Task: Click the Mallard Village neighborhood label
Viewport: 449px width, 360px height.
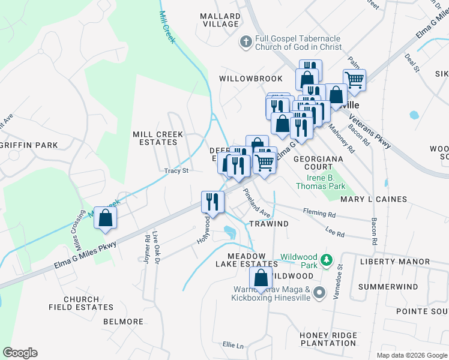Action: tap(220, 19)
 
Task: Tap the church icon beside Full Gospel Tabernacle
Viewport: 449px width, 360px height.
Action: tap(245, 42)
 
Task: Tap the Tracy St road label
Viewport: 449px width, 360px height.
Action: tap(176, 170)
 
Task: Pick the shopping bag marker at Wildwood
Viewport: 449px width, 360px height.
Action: tap(261, 278)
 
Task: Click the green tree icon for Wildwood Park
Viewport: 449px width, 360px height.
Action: tap(326, 260)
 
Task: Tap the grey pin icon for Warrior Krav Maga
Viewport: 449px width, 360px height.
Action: tap(319, 293)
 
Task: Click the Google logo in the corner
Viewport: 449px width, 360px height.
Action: tap(20, 353)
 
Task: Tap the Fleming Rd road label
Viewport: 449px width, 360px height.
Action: tap(319, 214)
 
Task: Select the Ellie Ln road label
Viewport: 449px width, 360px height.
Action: tap(234, 346)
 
